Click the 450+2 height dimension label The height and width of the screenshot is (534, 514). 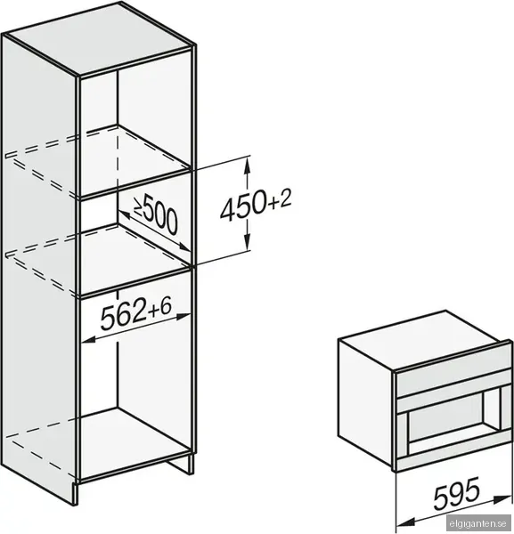[256, 205]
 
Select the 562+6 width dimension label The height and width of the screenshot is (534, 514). [135, 315]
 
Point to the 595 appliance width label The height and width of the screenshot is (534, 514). [457, 492]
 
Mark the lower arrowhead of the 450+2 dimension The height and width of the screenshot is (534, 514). [248, 241]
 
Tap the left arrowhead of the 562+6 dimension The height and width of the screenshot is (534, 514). [89, 339]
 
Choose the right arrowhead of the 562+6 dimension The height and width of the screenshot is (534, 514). [183, 317]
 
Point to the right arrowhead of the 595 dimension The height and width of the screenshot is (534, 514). [503, 498]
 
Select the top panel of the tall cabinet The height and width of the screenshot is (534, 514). [100, 37]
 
